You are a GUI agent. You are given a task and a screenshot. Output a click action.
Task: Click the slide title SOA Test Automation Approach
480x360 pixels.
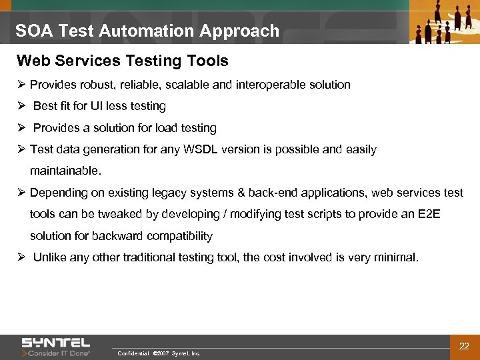click(147, 31)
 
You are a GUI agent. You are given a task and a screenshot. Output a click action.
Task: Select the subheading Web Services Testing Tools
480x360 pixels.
click(122, 61)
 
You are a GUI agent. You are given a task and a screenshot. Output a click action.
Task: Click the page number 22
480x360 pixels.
click(464, 345)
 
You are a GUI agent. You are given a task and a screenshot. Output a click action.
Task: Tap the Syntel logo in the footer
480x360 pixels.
click(56, 343)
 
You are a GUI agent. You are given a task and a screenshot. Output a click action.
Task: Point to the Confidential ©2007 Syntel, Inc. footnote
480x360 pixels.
click(158, 353)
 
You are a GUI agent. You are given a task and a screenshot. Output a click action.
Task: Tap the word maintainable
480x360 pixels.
click(65, 171)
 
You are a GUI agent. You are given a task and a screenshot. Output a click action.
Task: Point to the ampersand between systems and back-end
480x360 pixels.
click(240, 193)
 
